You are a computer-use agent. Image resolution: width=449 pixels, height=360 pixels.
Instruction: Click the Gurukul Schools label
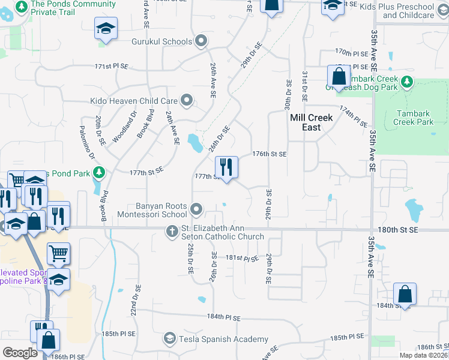[x=161, y=41]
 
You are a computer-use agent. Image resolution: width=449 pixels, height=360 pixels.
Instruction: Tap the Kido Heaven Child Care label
[x=134, y=101]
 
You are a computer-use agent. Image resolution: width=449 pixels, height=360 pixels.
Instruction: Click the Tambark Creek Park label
[x=413, y=118]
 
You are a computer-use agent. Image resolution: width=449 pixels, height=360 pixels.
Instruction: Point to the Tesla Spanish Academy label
[x=223, y=340]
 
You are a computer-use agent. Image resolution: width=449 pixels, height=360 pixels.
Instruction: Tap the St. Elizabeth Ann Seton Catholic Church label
[x=223, y=232]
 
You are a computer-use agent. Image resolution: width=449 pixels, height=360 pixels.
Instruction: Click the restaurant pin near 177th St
[x=226, y=167]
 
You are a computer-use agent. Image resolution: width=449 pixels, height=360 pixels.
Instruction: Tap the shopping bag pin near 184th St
[x=405, y=295]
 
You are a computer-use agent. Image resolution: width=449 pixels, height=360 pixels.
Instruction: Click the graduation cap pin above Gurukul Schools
[x=106, y=29]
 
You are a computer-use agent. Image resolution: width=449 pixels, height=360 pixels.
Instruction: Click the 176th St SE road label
[x=269, y=154]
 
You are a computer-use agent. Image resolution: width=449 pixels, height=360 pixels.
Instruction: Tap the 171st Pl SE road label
[x=112, y=66]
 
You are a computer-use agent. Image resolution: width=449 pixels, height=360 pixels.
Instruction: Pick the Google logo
[x=20, y=353]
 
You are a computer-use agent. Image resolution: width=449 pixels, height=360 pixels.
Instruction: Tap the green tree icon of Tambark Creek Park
[x=408, y=81]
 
